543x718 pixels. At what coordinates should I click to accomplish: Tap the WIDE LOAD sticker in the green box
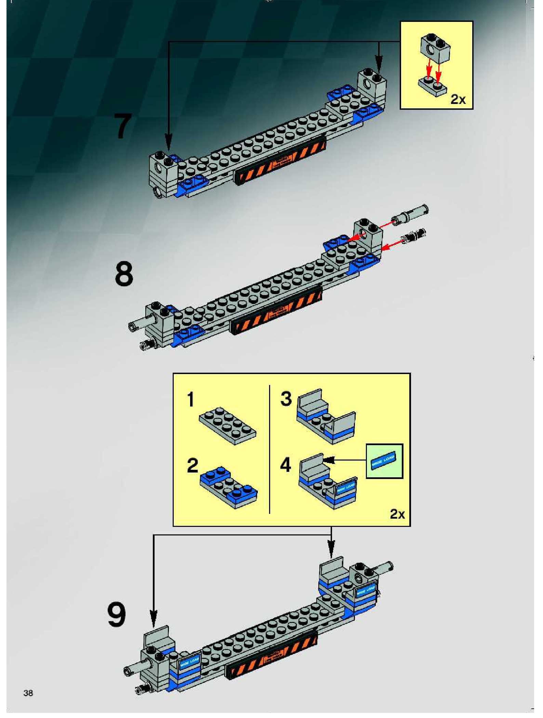tap(384, 461)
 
